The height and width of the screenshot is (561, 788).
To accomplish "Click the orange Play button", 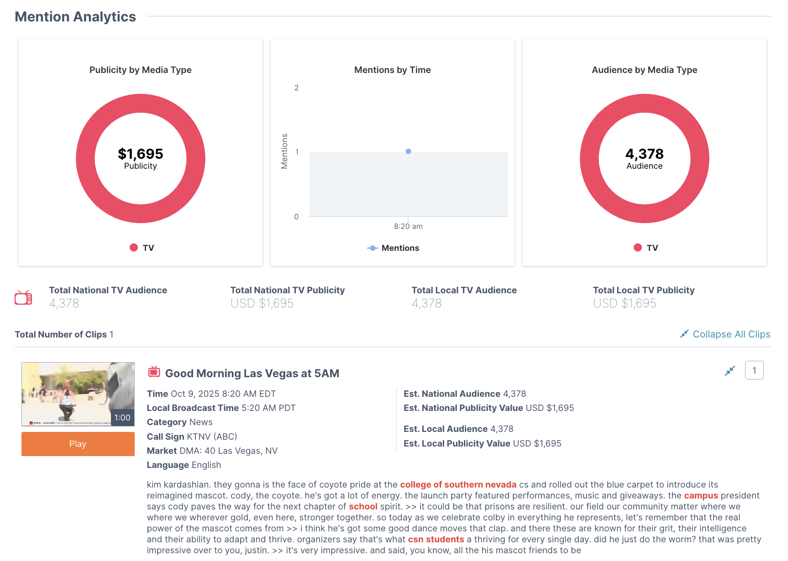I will [78, 444].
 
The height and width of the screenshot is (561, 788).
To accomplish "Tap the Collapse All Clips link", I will [725, 334].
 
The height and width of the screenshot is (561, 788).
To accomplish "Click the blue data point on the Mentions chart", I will [408, 151].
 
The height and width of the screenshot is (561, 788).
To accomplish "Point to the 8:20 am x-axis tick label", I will [408, 226].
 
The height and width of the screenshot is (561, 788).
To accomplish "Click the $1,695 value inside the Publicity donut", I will [140, 154].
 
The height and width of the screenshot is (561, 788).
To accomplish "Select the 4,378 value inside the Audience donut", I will [644, 154].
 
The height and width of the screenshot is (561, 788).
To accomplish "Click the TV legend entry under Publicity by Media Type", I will [142, 248].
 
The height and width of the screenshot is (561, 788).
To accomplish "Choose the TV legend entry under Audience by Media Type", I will [646, 248].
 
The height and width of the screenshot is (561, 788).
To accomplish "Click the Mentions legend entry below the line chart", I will [393, 248].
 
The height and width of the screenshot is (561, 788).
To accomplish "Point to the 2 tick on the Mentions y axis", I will [296, 88].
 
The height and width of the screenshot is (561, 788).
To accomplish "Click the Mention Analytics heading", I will [75, 16].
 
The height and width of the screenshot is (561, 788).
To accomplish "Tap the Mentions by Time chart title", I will [392, 70].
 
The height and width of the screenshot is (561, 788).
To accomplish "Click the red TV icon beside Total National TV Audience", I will [23, 297].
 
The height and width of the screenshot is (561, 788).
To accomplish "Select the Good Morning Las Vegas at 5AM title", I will [252, 373].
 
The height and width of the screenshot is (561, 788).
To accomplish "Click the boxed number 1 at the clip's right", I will [754, 370].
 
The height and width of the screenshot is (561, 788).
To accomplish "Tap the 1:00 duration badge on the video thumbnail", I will [122, 417].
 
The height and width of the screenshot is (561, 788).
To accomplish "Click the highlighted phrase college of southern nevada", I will [458, 484].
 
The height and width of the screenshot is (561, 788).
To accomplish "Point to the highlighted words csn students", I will [436, 539].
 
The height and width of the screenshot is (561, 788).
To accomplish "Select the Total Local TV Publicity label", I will [643, 290].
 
